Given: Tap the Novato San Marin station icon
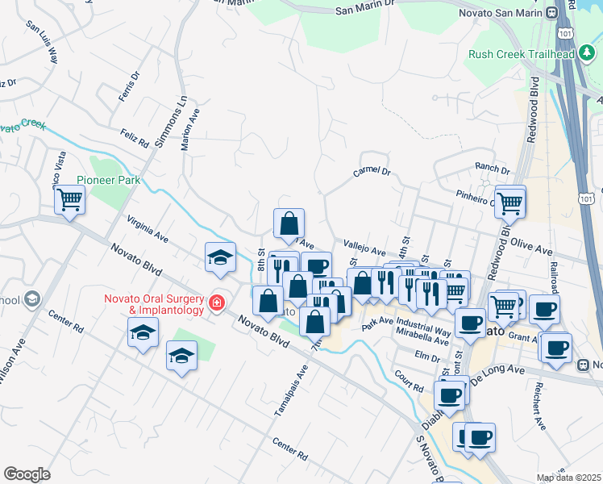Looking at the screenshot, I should point(553,13).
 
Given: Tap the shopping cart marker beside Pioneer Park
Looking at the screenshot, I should point(70,198).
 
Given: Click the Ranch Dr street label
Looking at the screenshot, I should point(493,170).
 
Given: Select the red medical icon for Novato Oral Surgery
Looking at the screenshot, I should point(216,303).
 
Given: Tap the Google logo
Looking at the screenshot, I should point(27,474).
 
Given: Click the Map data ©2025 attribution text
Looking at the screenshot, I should point(568,478).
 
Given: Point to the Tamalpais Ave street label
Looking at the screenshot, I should point(291,390).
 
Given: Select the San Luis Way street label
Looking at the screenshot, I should point(42,41).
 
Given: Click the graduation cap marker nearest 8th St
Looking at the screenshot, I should point(220,257).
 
